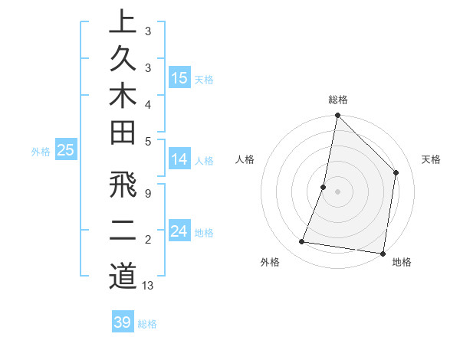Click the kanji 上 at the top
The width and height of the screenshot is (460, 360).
123,22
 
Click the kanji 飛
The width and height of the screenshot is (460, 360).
123,186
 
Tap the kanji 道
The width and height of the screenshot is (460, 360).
123,276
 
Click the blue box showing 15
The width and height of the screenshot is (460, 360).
179,78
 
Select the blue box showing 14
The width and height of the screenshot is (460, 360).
179,159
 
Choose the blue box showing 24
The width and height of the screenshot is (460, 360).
179,231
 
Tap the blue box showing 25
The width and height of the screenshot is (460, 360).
66,151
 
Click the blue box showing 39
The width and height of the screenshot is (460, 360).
123,322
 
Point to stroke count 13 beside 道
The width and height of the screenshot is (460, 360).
148,286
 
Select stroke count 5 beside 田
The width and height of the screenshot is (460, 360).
147,141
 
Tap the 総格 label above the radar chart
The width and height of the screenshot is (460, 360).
337,100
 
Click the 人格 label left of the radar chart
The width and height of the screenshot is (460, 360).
245,159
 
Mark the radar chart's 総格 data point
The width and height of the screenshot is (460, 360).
337,116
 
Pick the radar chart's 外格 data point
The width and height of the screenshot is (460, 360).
302,242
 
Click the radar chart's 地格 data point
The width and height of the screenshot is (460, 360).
382,253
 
